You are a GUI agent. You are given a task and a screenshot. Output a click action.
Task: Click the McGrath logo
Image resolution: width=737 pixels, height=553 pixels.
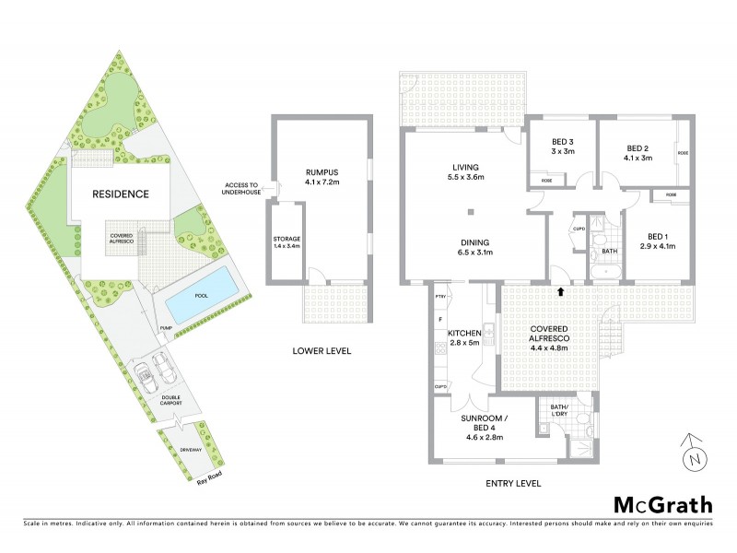coord(662,504)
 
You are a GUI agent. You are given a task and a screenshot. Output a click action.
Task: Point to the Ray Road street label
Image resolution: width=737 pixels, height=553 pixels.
coord(209,478)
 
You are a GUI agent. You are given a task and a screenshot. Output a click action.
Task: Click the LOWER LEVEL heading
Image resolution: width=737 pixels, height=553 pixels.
coord(322,351)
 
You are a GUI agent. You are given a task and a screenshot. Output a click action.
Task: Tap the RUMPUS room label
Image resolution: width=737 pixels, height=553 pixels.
coord(322,176)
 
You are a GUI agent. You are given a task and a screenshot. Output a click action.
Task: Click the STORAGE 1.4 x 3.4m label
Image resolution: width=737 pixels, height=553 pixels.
coord(287,243)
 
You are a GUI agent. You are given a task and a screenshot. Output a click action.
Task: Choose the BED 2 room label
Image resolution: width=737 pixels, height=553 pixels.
coord(639,152)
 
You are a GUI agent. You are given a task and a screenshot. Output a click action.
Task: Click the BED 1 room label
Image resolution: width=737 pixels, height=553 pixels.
coord(658,241)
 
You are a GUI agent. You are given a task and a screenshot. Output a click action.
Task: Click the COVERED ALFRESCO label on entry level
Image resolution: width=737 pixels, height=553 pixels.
coord(547,334)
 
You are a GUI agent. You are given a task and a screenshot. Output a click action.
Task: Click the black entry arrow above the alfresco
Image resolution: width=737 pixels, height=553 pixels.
coord(561,292)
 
